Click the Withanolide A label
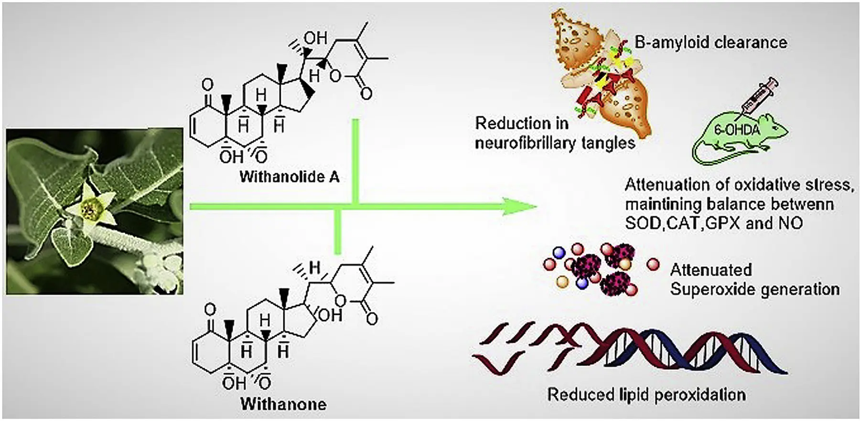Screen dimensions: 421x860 click(x=289, y=177)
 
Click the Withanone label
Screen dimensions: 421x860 click(x=283, y=404)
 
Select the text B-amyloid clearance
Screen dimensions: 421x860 click(x=710, y=42)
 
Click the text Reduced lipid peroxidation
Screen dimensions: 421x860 click(x=646, y=395)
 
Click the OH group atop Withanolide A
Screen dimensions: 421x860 click(x=315, y=38)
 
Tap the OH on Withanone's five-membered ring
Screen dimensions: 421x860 click(x=330, y=315)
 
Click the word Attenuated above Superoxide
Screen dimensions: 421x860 click(x=710, y=270)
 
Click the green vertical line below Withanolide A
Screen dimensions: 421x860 click(x=355, y=162)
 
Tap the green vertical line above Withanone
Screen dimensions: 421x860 click(x=338, y=232)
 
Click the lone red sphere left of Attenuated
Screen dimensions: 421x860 click(x=652, y=264)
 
